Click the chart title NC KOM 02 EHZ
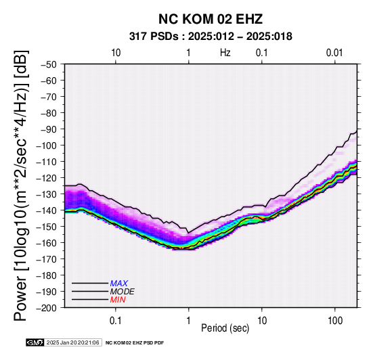211,19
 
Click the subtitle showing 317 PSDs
211,37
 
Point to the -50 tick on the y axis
49,64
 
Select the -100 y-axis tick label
46,145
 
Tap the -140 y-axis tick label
46,210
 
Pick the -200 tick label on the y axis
46,308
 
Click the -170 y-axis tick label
46,259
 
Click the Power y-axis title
21,185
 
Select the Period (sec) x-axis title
225,328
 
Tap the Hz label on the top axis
225,53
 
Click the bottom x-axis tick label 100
335,321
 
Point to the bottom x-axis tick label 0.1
116,321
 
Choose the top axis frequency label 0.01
334,53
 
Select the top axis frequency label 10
116,53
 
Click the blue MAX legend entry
119,284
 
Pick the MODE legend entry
123,292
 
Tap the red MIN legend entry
118,300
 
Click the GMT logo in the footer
35,342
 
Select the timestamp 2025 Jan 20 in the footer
73,342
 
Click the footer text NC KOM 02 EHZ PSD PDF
135,343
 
